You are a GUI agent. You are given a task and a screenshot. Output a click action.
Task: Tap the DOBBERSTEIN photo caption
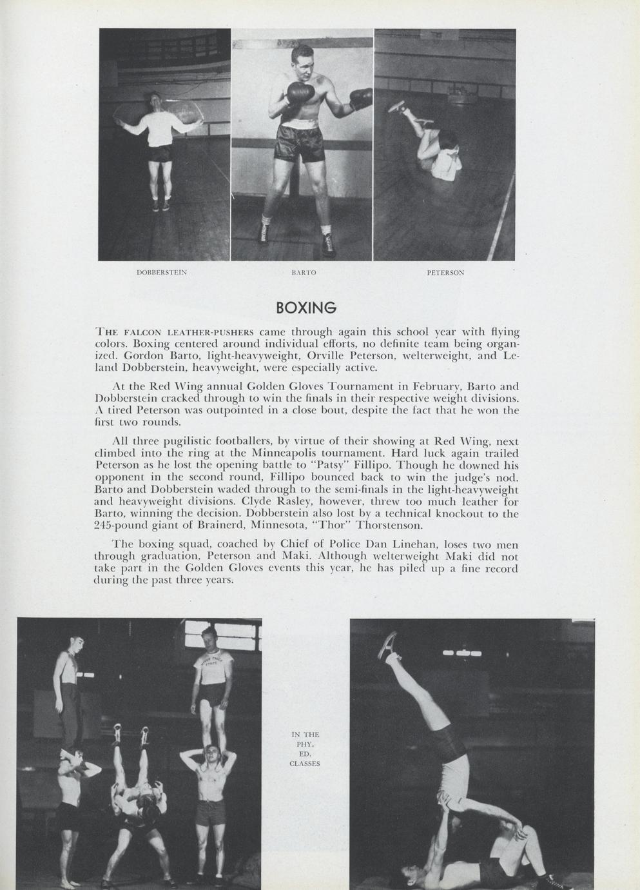coord(162,273)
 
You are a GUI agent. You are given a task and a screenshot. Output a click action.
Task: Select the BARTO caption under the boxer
coord(304,273)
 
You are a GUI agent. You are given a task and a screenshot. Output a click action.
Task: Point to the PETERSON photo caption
coord(445,273)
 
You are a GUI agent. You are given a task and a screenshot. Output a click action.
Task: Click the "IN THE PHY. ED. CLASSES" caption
coord(305,749)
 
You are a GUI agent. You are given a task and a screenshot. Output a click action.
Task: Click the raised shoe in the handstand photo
coord(389,645)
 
